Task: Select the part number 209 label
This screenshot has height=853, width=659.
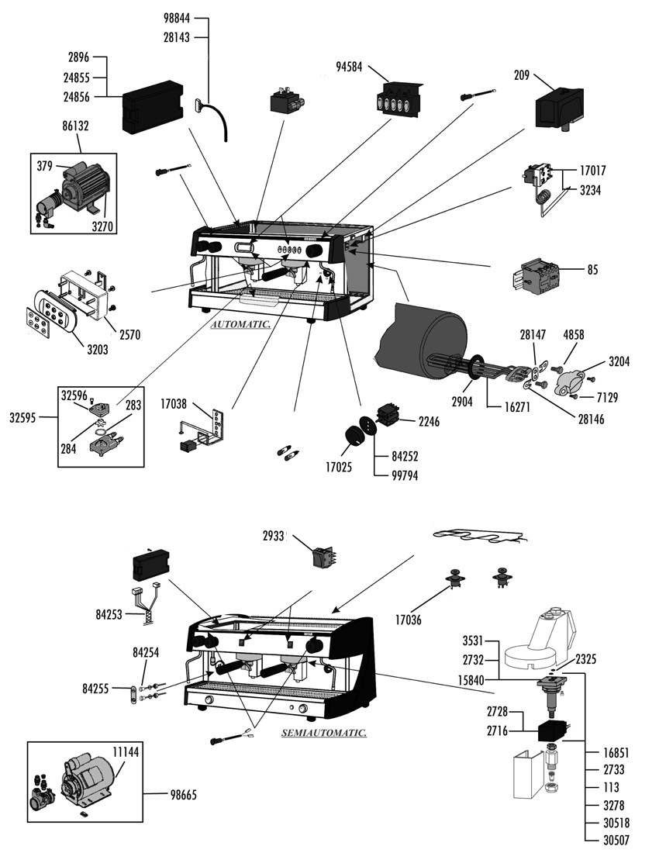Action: coord(522,75)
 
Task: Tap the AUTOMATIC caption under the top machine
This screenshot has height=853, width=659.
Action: coord(241,326)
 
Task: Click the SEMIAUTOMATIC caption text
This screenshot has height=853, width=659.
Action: coord(323,732)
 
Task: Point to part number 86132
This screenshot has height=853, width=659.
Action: coord(78,124)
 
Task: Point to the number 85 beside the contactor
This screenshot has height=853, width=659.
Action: coord(592,271)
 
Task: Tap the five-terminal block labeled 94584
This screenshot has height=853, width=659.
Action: coord(398,100)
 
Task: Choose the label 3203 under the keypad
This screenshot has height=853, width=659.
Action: coord(97,350)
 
